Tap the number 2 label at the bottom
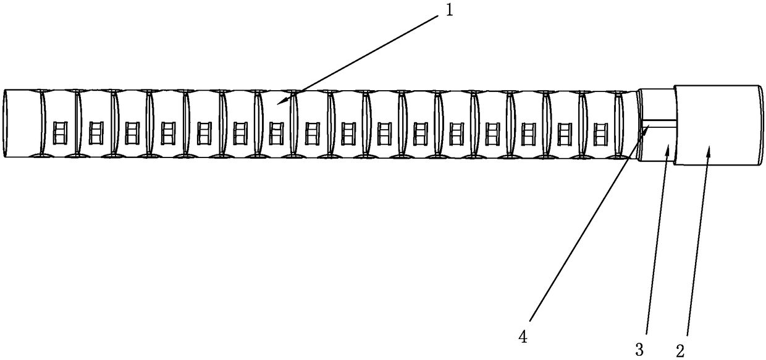coord(680,350)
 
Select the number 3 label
coord(639,350)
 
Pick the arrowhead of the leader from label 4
coord(649,127)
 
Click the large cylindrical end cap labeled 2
coord(718,125)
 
